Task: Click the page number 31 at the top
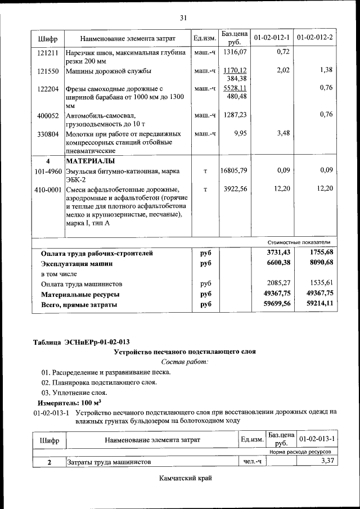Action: pyautogui.click(x=183, y=17)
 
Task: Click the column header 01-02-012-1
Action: pyautogui.click(x=272, y=38)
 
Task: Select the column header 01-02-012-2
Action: pyautogui.click(x=315, y=38)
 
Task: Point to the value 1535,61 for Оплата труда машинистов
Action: pyautogui.click(x=321, y=283)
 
